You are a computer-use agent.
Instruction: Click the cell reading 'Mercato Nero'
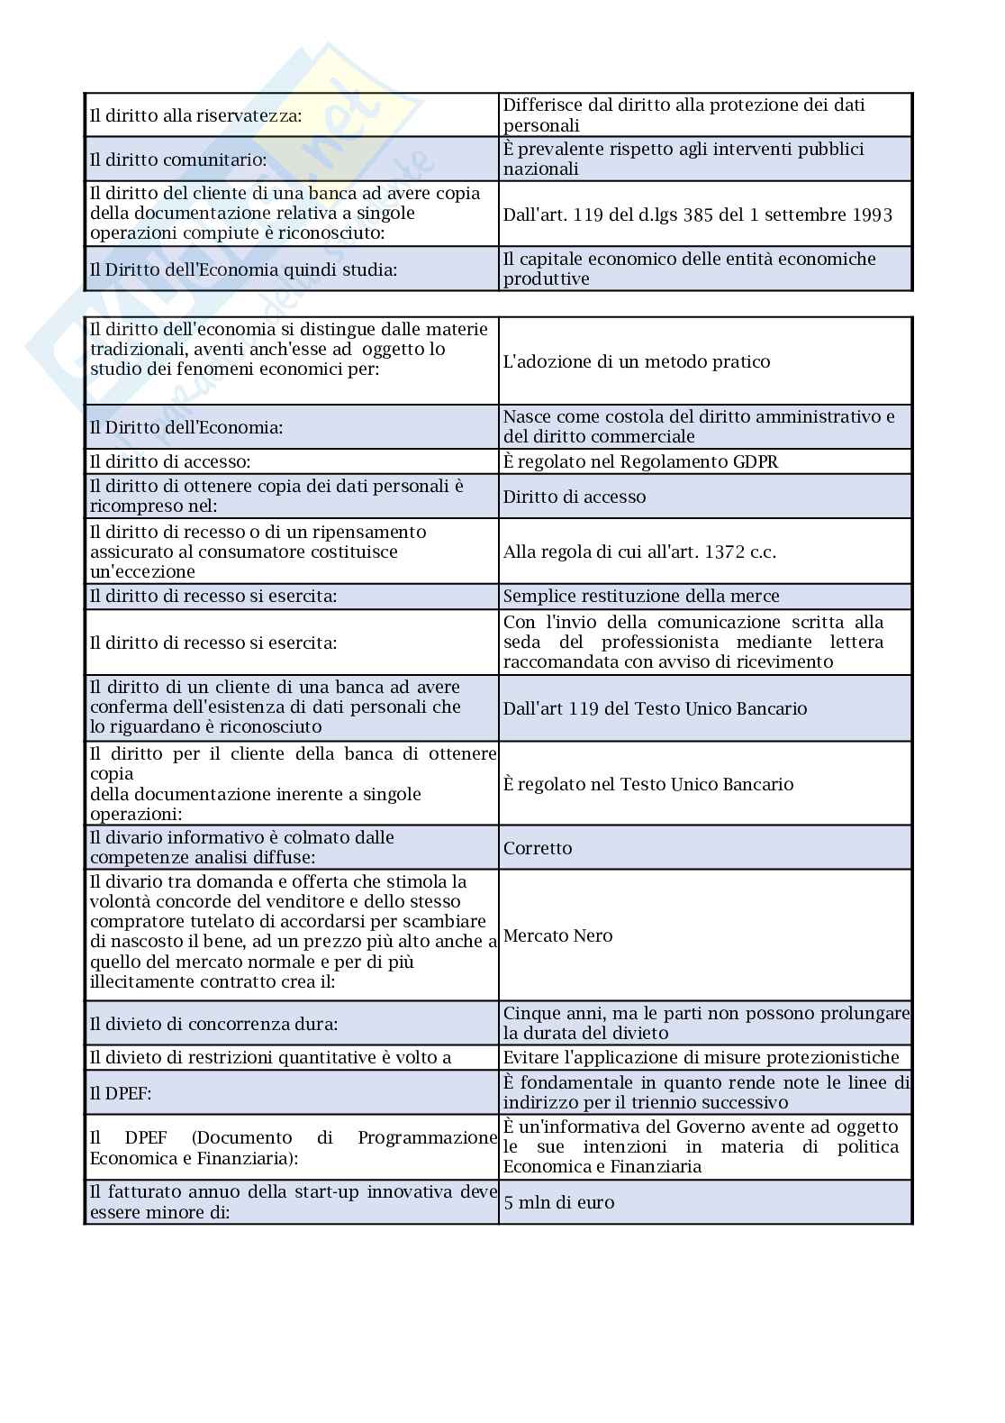[557, 935]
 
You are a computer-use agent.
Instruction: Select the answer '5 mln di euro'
[558, 1202]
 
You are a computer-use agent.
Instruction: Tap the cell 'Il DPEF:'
[121, 1093]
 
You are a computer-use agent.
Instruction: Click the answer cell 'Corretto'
[538, 848]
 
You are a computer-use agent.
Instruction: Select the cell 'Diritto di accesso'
[574, 497]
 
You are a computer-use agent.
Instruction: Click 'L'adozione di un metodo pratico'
[637, 361]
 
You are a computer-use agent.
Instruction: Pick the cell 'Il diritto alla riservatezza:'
[195, 115]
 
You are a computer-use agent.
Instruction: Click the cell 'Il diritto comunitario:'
[178, 160]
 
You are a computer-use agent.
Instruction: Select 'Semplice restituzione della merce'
[641, 596]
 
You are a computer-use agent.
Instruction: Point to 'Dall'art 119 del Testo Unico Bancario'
[655, 708]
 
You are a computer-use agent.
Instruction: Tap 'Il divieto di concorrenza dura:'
[213, 1024]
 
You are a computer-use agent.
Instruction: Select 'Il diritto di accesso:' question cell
[170, 461]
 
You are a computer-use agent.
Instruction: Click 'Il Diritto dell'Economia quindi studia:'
[243, 269]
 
